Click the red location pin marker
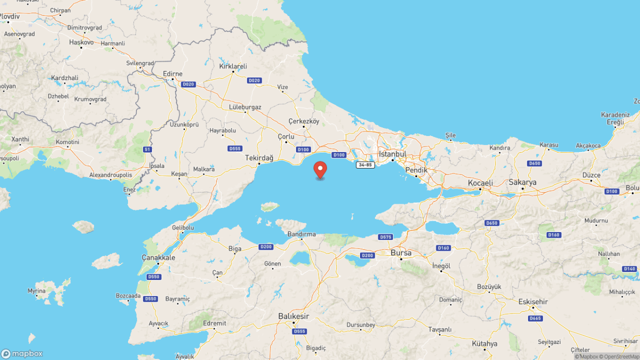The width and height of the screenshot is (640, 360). (321, 169)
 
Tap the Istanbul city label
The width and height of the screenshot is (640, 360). (392, 154)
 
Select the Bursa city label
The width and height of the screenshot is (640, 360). (401, 253)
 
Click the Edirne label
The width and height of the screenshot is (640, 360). (173, 74)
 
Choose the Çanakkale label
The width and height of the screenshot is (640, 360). (158, 258)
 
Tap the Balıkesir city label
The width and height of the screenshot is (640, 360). (293, 316)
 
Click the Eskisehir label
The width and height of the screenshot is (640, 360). (533, 302)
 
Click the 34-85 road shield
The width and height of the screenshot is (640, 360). (365, 165)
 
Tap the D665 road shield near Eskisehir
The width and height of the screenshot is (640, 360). (534, 318)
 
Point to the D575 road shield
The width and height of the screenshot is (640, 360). (385, 237)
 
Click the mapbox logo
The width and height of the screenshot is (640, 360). (22, 354)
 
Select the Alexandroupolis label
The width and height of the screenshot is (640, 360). (110, 174)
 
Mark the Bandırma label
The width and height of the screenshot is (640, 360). (301, 234)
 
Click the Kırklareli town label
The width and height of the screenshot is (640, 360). (233, 67)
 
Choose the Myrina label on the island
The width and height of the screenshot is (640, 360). (37, 291)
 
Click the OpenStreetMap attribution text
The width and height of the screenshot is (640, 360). (619, 356)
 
